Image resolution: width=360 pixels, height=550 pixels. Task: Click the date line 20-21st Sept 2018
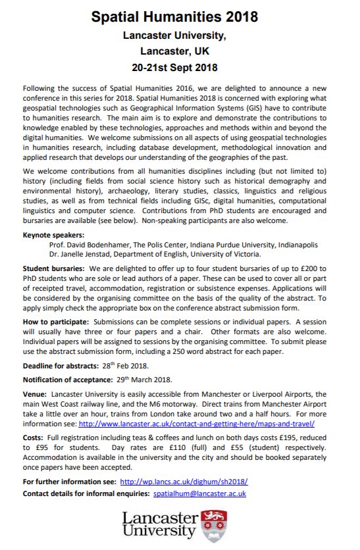180,66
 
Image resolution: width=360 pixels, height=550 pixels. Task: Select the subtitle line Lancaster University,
180,33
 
